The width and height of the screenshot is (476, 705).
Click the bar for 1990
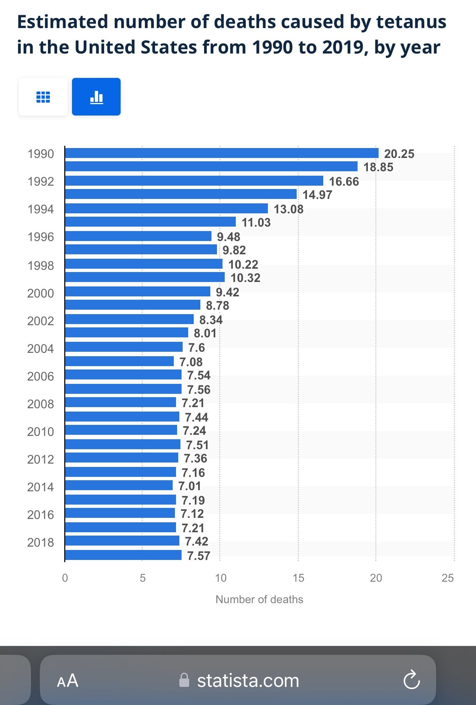click(222, 153)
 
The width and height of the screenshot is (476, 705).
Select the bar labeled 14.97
click(181, 194)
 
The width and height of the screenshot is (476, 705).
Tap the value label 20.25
click(399, 154)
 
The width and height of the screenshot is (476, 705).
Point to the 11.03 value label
click(256, 222)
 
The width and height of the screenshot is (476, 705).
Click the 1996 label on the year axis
click(41, 237)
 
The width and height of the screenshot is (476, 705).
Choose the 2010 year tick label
click(41, 431)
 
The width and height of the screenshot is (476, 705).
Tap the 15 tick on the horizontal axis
click(298, 578)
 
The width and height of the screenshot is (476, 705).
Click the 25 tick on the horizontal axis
click(448, 578)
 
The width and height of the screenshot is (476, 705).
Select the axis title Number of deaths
click(259, 599)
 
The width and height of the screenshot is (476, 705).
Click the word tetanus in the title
click(411, 21)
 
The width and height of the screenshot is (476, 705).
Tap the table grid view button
click(43, 97)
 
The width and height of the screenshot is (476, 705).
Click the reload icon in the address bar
click(412, 680)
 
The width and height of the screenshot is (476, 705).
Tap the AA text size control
click(68, 680)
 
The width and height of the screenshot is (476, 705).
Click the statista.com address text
click(248, 680)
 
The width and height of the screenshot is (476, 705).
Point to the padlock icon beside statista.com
click(184, 680)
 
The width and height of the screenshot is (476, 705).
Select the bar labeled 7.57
click(123, 555)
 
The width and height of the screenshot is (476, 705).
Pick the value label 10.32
click(245, 278)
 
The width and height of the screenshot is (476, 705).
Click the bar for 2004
click(124, 347)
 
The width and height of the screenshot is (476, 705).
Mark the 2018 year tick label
click(41, 542)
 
